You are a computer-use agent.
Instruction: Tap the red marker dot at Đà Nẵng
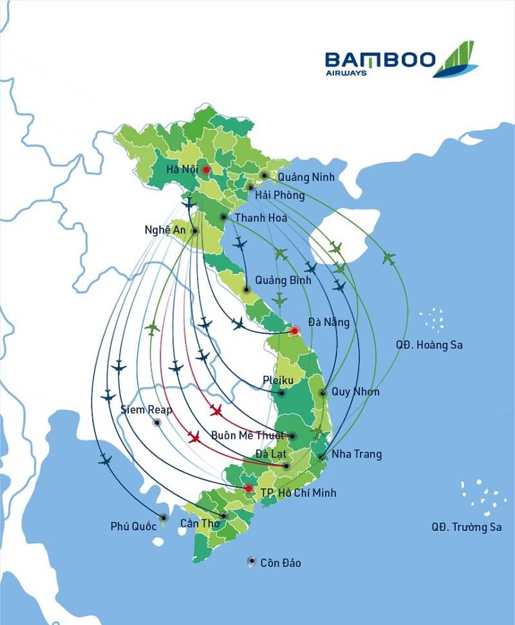click(x=295, y=331)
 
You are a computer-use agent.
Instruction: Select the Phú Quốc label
click(x=133, y=526)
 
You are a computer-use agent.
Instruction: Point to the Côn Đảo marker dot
click(x=252, y=562)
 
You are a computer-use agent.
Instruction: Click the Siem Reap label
click(x=146, y=409)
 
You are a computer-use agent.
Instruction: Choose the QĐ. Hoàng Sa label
click(x=429, y=345)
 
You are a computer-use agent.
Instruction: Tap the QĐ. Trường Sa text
click(x=466, y=527)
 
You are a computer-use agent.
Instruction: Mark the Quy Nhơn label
click(x=355, y=392)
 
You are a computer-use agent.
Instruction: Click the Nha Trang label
click(x=356, y=454)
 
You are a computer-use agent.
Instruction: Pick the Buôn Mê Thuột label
click(x=248, y=436)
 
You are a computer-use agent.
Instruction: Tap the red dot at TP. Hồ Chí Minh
click(x=249, y=488)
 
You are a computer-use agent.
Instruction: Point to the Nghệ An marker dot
click(x=195, y=231)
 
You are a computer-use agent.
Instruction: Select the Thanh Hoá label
click(x=261, y=218)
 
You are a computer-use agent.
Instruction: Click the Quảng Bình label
click(x=283, y=280)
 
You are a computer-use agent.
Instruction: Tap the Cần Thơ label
click(x=200, y=523)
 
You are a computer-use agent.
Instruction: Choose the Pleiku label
click(x=278, y=381)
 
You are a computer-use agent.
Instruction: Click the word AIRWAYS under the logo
click(x=346, y=73)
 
